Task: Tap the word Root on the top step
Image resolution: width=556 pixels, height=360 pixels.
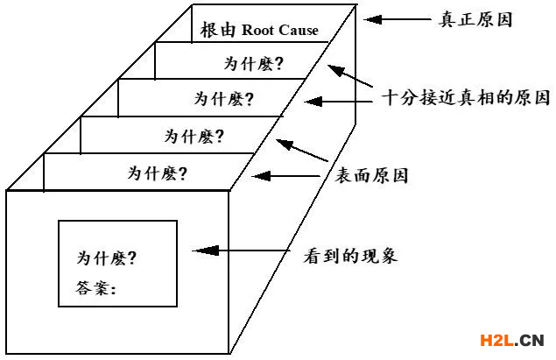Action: tap(262, 30)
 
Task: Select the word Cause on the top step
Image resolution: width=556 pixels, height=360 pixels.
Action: tap(299, 30)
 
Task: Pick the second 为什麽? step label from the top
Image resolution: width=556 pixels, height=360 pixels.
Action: tap(223, 99)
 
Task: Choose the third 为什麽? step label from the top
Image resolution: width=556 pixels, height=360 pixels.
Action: tap(194, 136)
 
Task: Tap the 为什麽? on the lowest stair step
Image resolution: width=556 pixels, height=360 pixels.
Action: tap(157, 172)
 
